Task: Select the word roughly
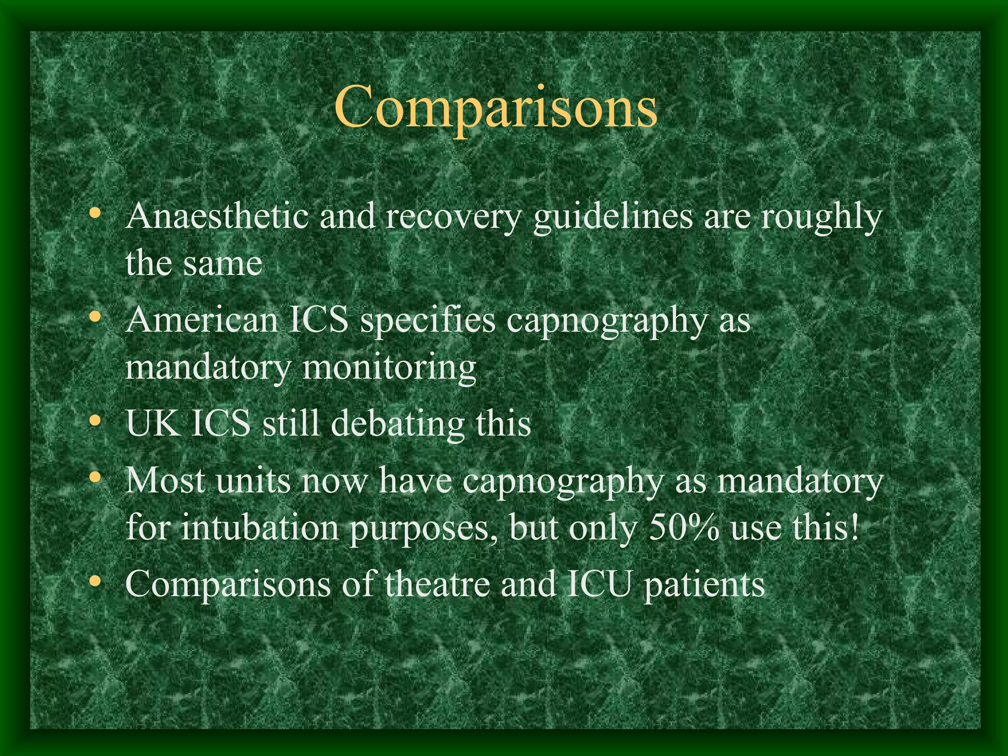pos(821,218)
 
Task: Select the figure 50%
pos(684,528)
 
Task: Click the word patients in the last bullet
pos(704,585)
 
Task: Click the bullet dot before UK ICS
pos(95,421)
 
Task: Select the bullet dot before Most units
pos(95,477)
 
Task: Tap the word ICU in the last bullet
pos(598,584)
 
